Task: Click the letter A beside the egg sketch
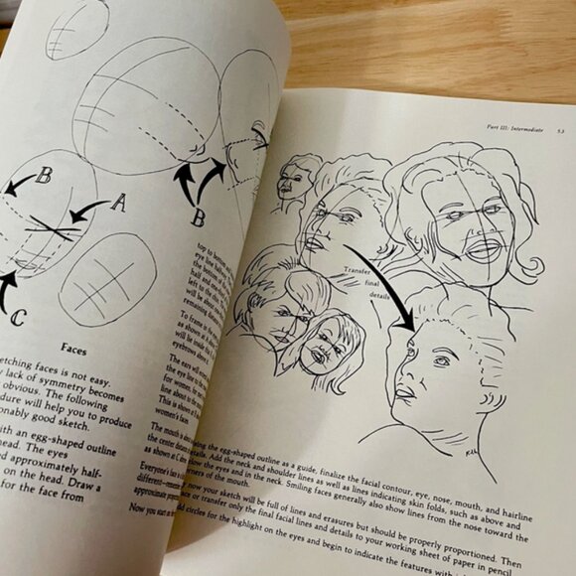click(117, 204)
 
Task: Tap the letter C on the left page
click(18, 319)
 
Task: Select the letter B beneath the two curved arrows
click(199, 215)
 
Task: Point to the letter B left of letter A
click(44, 177)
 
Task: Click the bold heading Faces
click(77, 349)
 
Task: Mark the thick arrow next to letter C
click(7, 290)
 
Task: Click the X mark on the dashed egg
click(52, 229)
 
